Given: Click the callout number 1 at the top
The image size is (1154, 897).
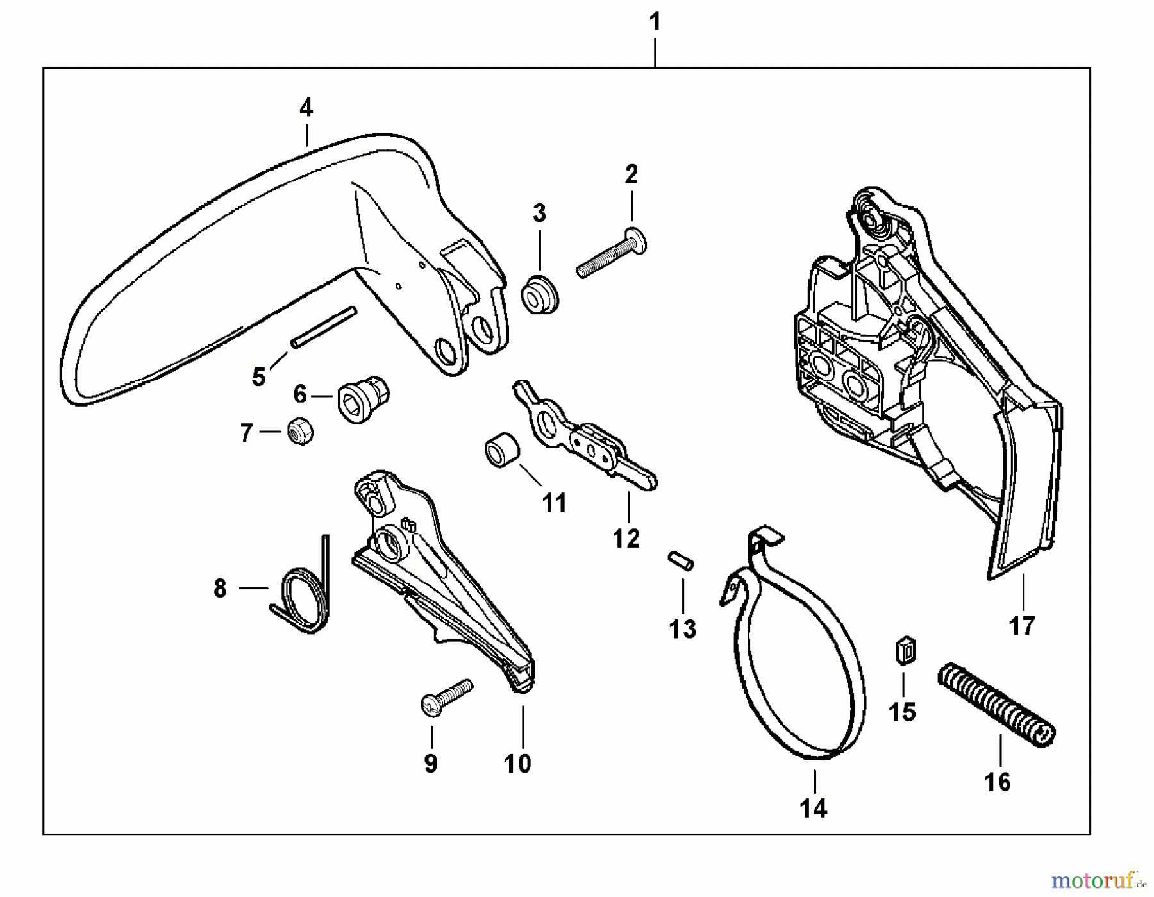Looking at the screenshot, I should pos(655,22).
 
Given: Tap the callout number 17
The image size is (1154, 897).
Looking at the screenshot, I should pos(1022,625).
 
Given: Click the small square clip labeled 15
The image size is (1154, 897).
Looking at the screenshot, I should pos(905,651).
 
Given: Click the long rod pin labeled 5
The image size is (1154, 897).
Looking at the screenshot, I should pos(323,328).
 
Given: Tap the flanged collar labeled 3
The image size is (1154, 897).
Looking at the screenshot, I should pos(540,295).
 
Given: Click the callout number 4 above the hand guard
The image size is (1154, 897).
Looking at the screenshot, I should pos(306,108).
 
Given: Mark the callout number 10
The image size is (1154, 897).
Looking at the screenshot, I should pos(517,763).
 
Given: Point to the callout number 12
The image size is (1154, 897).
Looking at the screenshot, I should pos(626,539).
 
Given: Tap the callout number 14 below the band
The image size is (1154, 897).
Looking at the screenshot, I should pos(814,809).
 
